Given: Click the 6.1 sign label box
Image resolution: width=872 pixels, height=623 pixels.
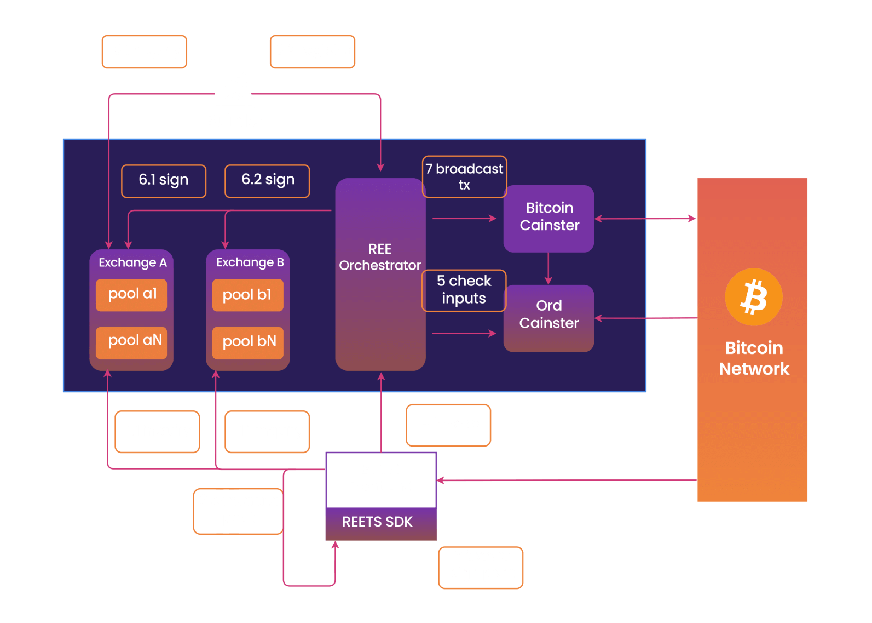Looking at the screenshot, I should click(164, 181).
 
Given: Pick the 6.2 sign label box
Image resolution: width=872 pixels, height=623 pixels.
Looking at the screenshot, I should click(267, 181).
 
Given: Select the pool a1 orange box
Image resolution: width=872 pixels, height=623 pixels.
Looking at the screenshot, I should click(131, 295).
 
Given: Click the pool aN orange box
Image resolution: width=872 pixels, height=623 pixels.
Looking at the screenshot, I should click(131, 342).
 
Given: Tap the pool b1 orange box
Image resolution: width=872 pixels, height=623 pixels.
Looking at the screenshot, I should click(247, 295).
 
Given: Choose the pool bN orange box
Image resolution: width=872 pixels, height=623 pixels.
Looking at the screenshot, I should click(247, 342).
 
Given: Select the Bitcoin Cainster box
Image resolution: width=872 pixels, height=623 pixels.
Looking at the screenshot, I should click(548, 218).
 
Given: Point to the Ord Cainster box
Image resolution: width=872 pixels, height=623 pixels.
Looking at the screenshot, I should click(548, 318).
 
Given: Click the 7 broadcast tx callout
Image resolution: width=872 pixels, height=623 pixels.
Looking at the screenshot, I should click(464, 176).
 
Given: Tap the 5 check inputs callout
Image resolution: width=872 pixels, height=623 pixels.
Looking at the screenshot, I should click(464, 290).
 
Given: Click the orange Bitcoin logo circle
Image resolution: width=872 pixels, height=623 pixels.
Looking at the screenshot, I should click(753, 296).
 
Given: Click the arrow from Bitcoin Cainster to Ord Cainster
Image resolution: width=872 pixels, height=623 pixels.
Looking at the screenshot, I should click(548, 268).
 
